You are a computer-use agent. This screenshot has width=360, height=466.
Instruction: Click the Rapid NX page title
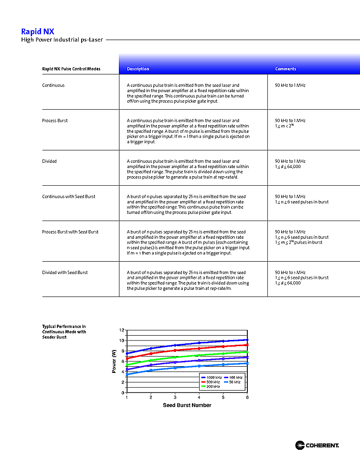[x=38, y=32]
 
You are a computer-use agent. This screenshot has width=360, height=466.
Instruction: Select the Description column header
[x=138, y=69]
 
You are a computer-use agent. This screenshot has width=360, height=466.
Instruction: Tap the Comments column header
[x=286, y=69]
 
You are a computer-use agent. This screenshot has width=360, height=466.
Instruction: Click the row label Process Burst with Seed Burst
[x=70, y=232]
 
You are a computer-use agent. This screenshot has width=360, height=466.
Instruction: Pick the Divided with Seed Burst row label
[x=65, y=273]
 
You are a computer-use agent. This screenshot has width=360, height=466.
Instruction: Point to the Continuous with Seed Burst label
[x=69, y=197]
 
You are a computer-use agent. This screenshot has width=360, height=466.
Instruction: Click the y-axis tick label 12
[x=121, y=330]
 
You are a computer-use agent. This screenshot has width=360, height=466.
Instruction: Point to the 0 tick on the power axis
[x=123, y=393]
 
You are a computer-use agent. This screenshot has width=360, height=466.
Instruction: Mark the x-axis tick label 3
[x=175, y=397]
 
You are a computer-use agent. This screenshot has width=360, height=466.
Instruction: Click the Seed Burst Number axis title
[x=187, y=405]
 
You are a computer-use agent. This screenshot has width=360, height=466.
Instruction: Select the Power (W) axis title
[x=114, y=361]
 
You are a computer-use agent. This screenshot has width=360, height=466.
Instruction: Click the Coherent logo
[x=317, y=445]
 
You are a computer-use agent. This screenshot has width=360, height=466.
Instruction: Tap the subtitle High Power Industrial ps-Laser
[x=62, y=40]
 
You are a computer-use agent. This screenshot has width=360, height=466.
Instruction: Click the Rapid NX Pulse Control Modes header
[x=71, y=69]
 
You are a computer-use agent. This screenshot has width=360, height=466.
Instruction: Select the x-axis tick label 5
[x=223, y=397]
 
